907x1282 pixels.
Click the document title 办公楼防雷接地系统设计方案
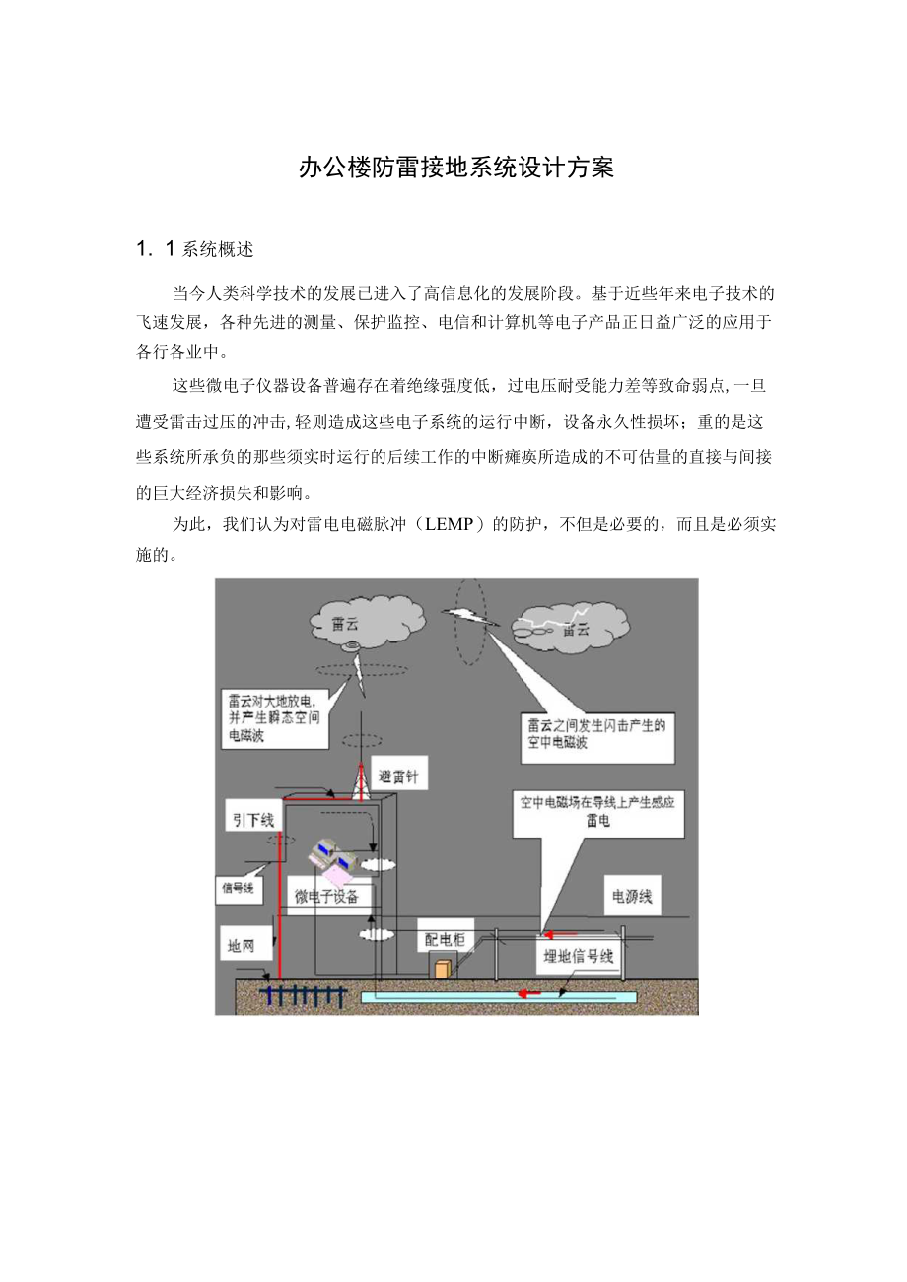[x=455, y=169]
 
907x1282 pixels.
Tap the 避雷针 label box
[x=398, y=776]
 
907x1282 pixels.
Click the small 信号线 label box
[x=237, y=888]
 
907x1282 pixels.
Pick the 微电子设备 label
[x=326, y=897]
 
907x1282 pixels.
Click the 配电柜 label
[x=445, y=939]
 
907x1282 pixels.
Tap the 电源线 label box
[x=631, y=898]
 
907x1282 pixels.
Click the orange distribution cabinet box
[x=443, y=970]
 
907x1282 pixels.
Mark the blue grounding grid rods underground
[x=303, y=996]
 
